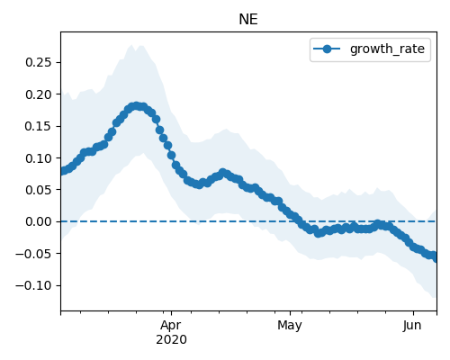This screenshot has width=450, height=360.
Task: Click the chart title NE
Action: (x=248, y=20)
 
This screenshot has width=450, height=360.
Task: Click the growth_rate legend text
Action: (x=387, y=49)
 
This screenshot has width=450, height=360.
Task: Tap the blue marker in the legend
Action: (x=327, y=49)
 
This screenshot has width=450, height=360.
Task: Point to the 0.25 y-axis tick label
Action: (x=39, y=62)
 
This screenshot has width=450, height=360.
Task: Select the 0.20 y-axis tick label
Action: (x=39, y=94)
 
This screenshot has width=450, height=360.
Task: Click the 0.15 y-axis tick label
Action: (x=39, y=126)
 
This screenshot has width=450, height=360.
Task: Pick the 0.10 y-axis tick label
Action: (x=39, y=158)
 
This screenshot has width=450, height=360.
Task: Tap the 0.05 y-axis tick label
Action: (x=39, y=190)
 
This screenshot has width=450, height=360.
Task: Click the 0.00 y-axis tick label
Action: (x=39, y=221)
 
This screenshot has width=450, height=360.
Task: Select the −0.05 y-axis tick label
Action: (x=33, y=254)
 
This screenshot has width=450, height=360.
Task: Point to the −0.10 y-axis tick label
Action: (x=33, y=285)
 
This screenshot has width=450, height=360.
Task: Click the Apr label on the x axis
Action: (x=171, y=326)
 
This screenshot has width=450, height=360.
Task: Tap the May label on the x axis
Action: (x=290, y=326)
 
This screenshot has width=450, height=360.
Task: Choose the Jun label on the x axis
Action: (x=412, y=326)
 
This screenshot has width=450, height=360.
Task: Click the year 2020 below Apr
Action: (x=171, y=339)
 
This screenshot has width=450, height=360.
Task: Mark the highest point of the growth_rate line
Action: (x=137, y=106)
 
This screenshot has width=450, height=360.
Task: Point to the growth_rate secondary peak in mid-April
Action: (x=222, y=173)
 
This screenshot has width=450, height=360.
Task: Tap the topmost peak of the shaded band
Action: (x=131, y=45)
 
